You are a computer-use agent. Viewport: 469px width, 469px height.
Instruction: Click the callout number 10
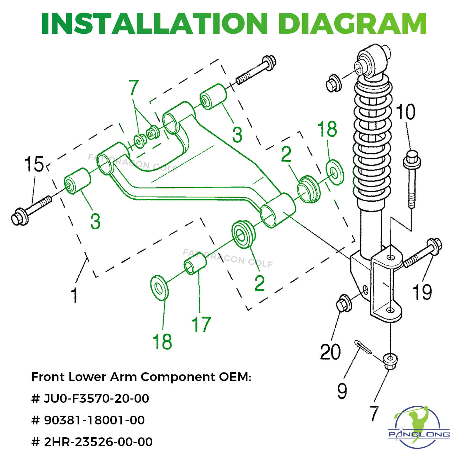[x=406, y=112]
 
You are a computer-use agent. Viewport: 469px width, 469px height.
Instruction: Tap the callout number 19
[x=422, y=292]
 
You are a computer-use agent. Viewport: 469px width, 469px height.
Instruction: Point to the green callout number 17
[x=201, y=324]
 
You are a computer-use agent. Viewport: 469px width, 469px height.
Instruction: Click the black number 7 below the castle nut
[x=374, y=413]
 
